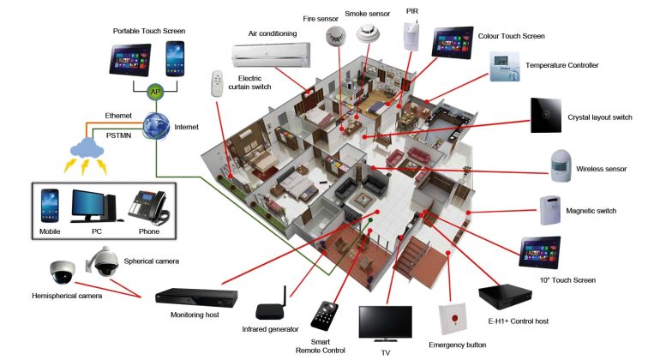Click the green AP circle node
[x=155, y=92]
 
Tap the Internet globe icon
[x=156, y=126]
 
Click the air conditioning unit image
[x=271, y=54]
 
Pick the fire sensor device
[x=335, y=35]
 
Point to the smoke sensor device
[x=368, y=33]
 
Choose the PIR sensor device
[x=411, y=35]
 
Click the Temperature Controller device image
[x=505, y=67]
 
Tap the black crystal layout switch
[x=545, y=116]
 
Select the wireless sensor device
[x=561, y=165]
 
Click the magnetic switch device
[x=550, y=210]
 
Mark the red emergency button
[x=453, y=319]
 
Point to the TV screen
[x=385, y=323]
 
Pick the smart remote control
[x=324, y=315]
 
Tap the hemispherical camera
[x=63, y=272]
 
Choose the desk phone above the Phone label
[x=148, y=208]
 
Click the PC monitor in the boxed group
[x=89, y=205]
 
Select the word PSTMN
[x=118, y=135]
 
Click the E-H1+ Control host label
[x=519, y=321]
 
